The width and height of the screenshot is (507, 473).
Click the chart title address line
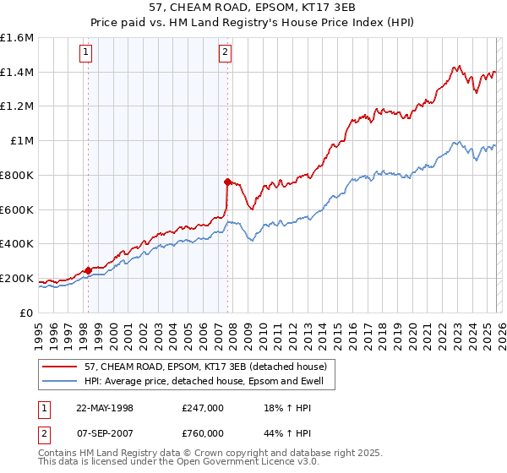pyautogui.click(x=253, y=8)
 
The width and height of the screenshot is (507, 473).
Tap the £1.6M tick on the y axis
pyautogui.click(x=17, y=38)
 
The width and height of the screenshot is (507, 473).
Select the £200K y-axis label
pyautogui.click(x=17, y=278)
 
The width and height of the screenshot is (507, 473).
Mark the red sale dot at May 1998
pyautogui.click(x=89, y=270)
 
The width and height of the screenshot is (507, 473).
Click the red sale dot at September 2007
pyautogui.click(x=227, y=182)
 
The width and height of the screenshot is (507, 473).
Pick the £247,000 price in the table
pyautogui.click(x=203, y=407)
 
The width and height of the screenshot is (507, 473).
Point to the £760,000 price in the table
pyautogui.click(x=203, y=432)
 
